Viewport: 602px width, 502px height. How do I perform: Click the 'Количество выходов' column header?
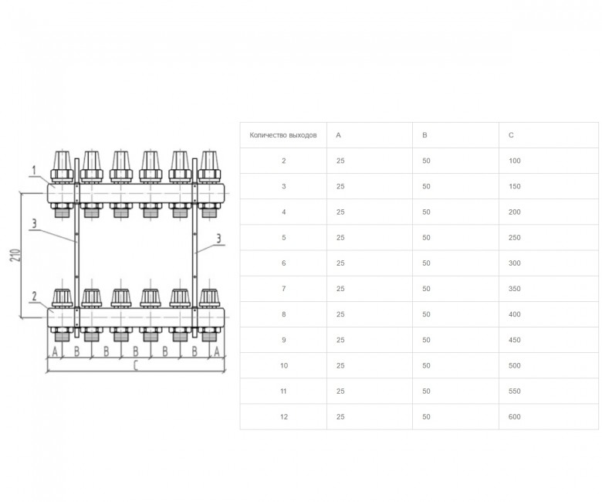(x=283, y=135)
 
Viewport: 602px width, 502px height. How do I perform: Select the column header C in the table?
(x=511, y=135)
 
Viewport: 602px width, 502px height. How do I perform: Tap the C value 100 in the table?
(x=515, y=161)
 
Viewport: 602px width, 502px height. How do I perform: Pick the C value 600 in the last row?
(x=515, y=417)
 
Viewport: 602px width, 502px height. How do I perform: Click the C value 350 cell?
(x=515, y=289)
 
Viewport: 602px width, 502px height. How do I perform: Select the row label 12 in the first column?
(x=284, y=417)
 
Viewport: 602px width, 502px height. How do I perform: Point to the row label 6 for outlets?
(x=284, y=263)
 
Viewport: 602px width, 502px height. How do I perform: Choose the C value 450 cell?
(x=515, y=340)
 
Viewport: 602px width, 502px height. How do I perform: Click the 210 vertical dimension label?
(x=15, y=256)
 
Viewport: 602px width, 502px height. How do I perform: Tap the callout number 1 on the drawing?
(x=34, y=170)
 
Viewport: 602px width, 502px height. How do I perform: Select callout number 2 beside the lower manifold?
(x=34, y=296)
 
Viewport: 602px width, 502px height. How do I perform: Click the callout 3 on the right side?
(x=219, y=239)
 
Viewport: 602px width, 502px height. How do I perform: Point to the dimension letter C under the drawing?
(x=136, y=365)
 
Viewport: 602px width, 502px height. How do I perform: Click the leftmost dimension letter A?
(x=55, y=351)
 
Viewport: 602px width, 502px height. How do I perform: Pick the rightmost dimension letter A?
(x=217, y=351)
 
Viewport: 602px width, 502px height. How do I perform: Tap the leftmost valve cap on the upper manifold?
(x=62, y=165)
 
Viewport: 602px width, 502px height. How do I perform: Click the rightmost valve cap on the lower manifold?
(x=209, y=298)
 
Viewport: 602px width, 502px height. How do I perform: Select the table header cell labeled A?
(x=338, y=135)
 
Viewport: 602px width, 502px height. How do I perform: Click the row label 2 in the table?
(x=284, y=161)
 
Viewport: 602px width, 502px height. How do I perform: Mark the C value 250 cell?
(x=515, y=238)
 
